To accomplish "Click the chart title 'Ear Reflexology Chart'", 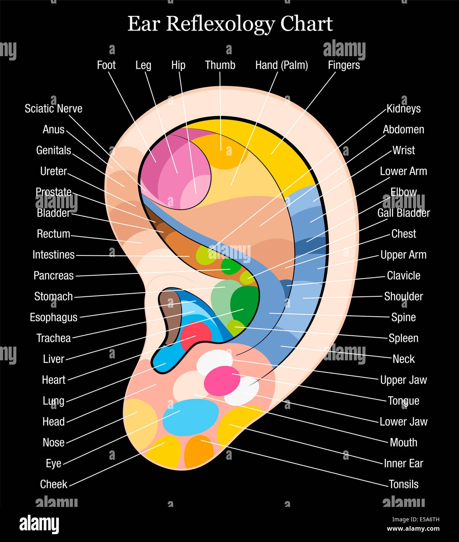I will click(x=230, y=24).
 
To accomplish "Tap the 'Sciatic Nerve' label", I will click(x=53, y=108).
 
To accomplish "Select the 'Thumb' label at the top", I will click(x=220, y=65).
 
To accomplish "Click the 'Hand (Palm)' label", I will click(x=281, y=65).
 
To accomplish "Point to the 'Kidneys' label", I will click(x=403, y=108).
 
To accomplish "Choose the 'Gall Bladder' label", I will click(x=403, y=213).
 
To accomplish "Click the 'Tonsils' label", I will click(x=403, y=484).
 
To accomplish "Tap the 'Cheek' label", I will click(x=54, y=484).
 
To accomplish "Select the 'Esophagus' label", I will click(x=54, y=317).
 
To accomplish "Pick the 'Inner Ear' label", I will click(x=403, y=463).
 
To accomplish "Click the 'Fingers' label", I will click(x=344, y=65).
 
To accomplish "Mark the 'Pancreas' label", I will click(x=54, y=276).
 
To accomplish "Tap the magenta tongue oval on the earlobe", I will click(x=222, y=379).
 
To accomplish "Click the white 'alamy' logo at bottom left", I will click(x=39, y=524).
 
